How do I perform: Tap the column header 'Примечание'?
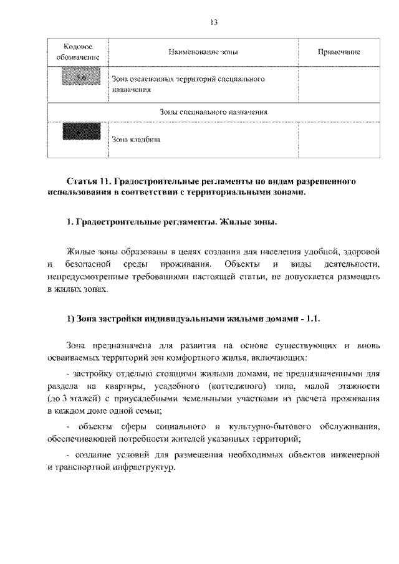coord(339,53)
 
